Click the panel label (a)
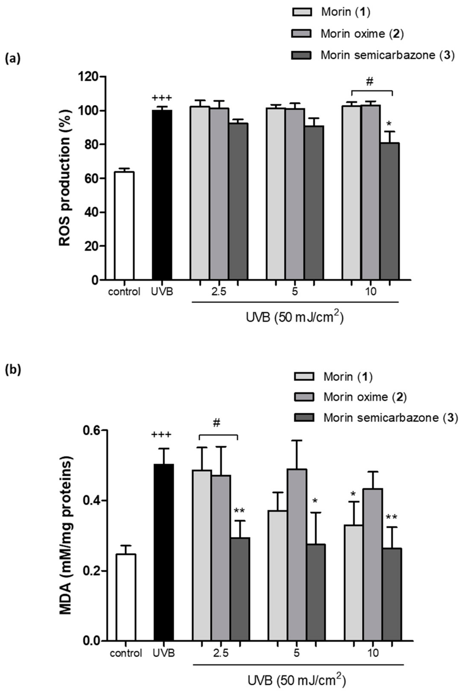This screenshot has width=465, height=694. (x=13, y=59)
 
